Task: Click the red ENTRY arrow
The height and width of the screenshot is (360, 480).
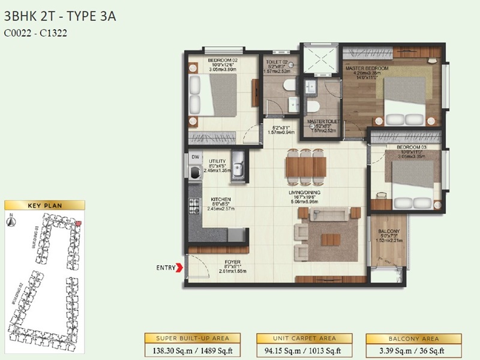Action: tap(179, 268)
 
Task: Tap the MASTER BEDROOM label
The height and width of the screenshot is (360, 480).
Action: tap(367, 69)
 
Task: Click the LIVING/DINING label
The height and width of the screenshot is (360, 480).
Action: tap(305, 193)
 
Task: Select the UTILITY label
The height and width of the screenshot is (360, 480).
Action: tap(217, 161)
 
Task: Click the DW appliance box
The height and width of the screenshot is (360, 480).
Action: tap(195, 157)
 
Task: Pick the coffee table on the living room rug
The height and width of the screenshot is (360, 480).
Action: tap(330, 239)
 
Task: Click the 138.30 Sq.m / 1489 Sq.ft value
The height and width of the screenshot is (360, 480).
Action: tap(191, 350)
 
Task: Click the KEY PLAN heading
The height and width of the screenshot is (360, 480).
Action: tap(42, 205)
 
